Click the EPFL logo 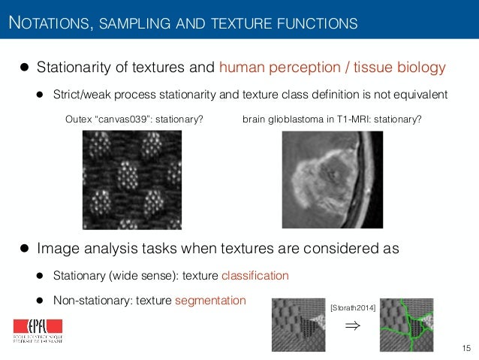pyautogui.click(x=37, y=330)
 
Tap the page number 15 pyautogui.click(x=466, y=346)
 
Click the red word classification pyautogui.click(x=255, y=276)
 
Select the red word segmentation pyautogui.click(x=210, y=301)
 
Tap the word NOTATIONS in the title pyautogui.click(x=47, y=24)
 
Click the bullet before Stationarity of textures pyautogui.click(x=24, y=68)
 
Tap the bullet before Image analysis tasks pyautogui.click(x=24, y=249)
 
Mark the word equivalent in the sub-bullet pyautogui.click(x=420, y=95)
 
